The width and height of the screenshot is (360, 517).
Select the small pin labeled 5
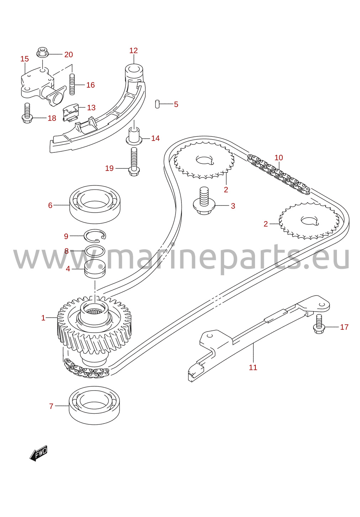click(157, 104)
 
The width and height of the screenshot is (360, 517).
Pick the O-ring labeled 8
click(95, 251)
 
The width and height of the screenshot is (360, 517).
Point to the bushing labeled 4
click(95, 269)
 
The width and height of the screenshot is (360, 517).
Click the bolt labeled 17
click(319, 324)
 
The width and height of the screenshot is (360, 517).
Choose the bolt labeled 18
click(27, 113)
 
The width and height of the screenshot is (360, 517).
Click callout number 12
click(133, 51)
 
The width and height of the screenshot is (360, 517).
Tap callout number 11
click(253, 367)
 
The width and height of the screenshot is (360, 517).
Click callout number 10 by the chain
click(279, 158)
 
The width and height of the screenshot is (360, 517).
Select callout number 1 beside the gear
click(43, 318)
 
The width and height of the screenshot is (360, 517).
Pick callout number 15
click(25, 59)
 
